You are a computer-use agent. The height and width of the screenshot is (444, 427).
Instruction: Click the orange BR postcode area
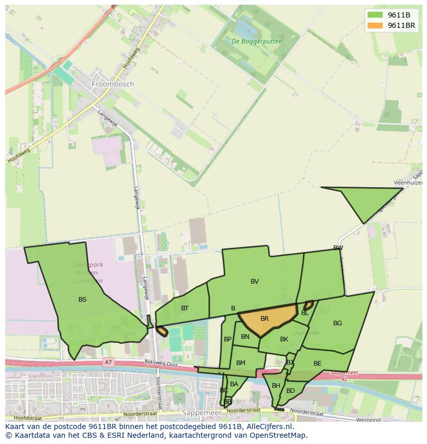[266, 319]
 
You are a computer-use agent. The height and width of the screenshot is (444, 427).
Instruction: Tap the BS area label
[83, 299]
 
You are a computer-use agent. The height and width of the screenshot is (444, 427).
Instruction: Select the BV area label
[255, 281]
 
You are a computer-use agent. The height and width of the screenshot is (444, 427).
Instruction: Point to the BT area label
[185, 308]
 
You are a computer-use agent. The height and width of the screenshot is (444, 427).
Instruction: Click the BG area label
[337, 323]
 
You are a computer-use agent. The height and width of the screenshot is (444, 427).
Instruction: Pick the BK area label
[284, 339]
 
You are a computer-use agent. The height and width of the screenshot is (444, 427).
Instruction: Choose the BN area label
[245, 337]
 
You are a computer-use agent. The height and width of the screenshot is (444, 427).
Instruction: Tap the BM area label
[241, 363]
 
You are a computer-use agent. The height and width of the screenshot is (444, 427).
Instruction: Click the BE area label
[317, 364]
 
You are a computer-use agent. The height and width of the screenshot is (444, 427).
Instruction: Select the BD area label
[290, 391]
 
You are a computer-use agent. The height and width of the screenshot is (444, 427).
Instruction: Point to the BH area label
[276, 386]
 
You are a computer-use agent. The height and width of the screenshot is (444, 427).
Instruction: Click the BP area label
[227, 339]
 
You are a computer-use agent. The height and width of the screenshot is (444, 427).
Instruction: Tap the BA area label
[234, 384]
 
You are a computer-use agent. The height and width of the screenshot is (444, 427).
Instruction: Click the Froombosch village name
[112, 84]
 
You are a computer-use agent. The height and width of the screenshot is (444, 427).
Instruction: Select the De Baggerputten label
[250, 41]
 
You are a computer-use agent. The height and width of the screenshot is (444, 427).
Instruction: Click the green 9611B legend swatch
[375, 15]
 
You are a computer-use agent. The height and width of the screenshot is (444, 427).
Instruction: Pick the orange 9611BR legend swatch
[375, 25]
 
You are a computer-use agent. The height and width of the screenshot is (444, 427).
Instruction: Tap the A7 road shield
[108, 363]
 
